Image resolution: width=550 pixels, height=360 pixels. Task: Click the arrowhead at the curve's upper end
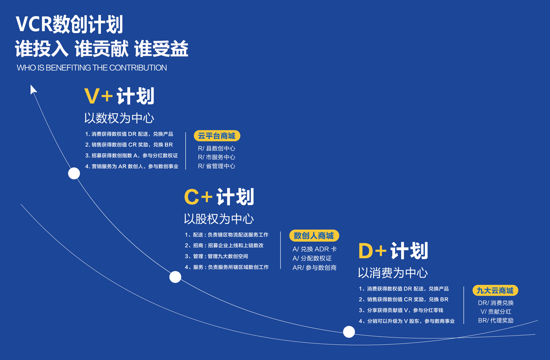pos(33,89)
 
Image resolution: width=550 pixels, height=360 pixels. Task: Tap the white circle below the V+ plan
pos(74,173)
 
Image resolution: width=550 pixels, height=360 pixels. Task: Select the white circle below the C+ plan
pos(175,277)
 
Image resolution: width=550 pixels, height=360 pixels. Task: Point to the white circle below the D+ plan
pos(349,332)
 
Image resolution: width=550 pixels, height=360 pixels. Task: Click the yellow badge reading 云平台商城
pos(217,136)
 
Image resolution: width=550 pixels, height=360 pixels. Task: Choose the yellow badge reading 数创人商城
pos(314,236)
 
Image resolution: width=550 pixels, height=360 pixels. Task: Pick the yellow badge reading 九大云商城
pos(495,290)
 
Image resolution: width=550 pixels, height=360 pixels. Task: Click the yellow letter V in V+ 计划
pos(91,96)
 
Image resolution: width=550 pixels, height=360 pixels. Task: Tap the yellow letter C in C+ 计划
pos(192,197)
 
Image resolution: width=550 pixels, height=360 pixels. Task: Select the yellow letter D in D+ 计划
pos(366,251)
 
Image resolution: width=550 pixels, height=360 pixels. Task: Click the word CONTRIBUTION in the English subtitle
pos(138,67)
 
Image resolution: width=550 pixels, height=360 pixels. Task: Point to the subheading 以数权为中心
pos(119,118)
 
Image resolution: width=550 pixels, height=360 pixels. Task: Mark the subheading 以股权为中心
pos(219,219)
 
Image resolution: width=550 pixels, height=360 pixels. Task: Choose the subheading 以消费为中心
pos(393,273)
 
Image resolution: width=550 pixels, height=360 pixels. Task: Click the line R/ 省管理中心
pos(216,166)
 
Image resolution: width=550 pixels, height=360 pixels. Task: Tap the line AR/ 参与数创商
pos(314,268)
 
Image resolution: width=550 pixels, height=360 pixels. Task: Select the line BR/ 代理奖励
pos(496,321)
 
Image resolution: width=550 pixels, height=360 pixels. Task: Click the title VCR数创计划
pos(69,24)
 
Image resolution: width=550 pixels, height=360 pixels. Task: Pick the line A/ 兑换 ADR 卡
pos(314,249)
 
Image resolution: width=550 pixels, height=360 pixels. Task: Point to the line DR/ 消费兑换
pos(496,303)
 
